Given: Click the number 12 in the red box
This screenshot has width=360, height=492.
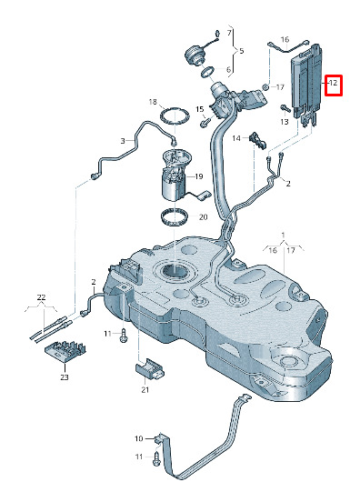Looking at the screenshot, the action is point(333,83).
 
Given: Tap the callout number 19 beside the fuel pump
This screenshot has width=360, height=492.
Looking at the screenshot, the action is point(199,176).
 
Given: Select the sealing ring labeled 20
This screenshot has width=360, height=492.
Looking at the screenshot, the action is point(175,217).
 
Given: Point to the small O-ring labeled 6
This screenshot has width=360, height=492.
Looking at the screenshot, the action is point(207,72).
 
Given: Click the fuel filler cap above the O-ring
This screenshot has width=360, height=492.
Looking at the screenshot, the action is point(195,55).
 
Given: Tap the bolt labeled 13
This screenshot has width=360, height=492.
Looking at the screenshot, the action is point(285,108).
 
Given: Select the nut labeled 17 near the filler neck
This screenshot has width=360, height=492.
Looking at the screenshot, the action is point(265,86).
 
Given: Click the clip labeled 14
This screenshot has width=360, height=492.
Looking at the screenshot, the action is point(258,142).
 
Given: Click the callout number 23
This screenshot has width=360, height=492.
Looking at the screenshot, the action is point(65,377).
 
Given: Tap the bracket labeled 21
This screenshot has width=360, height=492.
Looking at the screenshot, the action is point(149,369).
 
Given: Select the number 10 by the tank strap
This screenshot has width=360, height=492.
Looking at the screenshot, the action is point(139,438).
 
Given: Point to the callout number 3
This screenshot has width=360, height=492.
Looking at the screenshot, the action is point(123,141).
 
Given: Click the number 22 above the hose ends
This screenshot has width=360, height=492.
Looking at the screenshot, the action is point(42,297).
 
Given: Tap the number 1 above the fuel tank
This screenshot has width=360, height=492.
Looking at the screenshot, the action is point(283,235).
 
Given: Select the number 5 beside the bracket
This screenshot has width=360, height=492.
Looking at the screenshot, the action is point(242,51).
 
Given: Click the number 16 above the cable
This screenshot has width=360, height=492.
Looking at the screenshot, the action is point(285,39).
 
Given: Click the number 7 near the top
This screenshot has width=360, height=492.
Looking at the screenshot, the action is point(229,33).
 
